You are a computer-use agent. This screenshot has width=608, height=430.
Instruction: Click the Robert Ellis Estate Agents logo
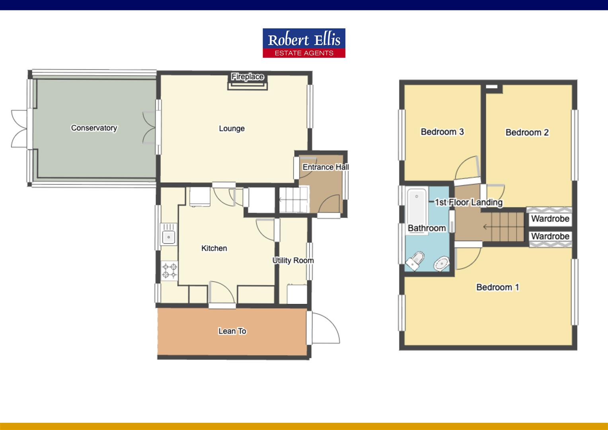[x=304, y=43]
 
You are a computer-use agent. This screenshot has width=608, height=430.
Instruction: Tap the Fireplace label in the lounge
[x=247, y=77]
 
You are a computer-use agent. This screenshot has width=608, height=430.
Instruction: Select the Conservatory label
[x=94, y=128]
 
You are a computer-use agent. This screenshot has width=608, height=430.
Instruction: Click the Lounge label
[x=232, y=129]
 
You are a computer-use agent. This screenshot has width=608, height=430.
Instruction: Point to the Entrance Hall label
[x=325, y=167]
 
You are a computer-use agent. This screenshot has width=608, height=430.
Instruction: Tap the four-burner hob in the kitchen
[x=170, y=270]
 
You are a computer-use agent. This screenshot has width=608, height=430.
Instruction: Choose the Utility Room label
[x=293, y=260]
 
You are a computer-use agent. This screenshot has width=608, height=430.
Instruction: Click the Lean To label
[x=232, y=331]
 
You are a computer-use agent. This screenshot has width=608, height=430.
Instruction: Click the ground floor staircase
[x=294, y=200]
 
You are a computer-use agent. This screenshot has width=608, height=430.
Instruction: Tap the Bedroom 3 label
[x=442, y=132]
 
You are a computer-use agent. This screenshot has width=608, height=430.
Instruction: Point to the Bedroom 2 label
[x=527, y=133]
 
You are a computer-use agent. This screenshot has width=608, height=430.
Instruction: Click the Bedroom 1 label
[x=497, y=287]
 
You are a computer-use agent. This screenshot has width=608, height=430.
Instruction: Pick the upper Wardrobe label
[x=550, y=219]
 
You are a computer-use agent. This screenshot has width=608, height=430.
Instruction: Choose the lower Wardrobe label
[x=550, y=236]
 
